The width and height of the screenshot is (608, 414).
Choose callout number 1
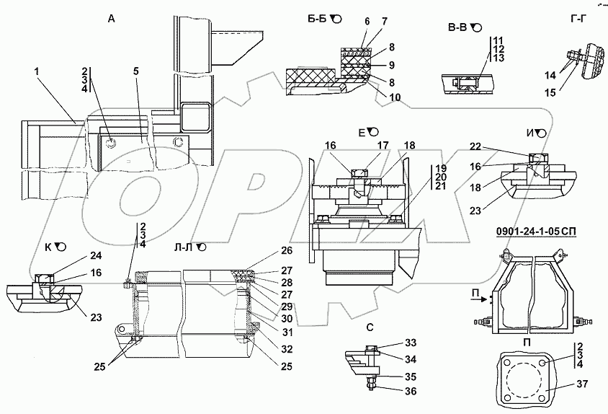[x=36, y=71]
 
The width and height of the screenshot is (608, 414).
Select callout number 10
[x=395, y=96]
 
